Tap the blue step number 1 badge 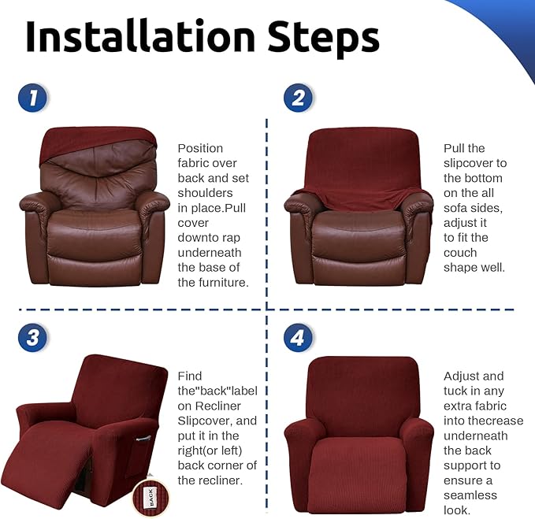pyautogui.click(x=32, y=98)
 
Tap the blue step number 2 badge pyautogui.click(x=298, y=98)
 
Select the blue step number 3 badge pyautogui.click(x=32, y=338)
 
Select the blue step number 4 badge pyautogui.click(x=298, y=338)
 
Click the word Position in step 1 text pyautogui.click(x=200, y=148)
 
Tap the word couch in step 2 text pyautogui.click(x=460, y=253)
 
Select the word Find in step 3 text pyautogui.click(x=190, y=376)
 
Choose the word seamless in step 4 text pyautogui.click(x=470, y=495)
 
